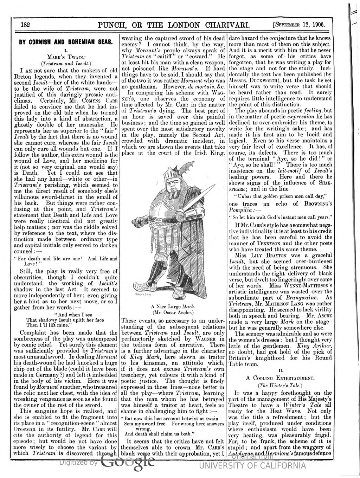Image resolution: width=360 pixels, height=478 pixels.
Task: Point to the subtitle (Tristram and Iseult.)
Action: tap(66, 64)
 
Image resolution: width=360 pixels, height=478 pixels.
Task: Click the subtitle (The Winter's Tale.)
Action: tap(280, 385)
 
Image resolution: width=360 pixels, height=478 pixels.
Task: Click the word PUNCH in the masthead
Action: tap(111, 25)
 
